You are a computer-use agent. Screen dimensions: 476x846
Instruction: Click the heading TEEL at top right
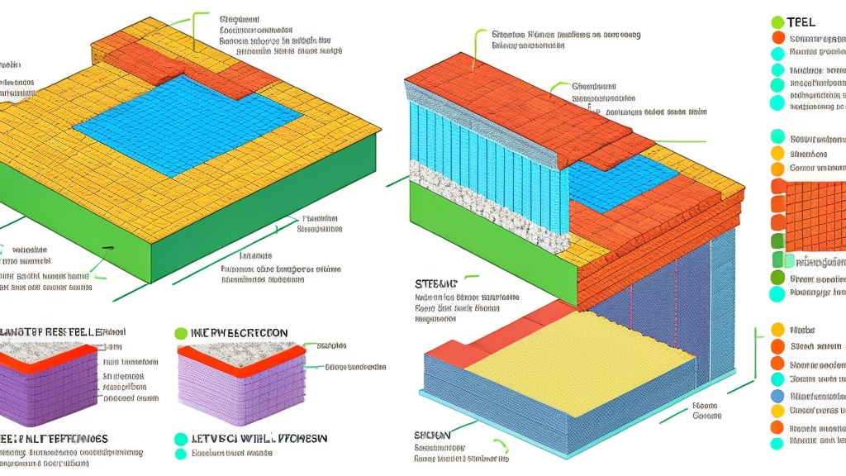(x=801, y=22)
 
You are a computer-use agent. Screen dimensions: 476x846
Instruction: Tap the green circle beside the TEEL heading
(x=777, y=22)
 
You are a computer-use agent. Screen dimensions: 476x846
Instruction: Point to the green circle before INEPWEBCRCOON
(x=181, y=333)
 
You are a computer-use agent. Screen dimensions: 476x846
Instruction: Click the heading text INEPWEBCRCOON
(x=240, y=333)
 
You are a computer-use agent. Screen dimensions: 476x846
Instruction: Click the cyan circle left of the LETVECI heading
(x=181, y=439)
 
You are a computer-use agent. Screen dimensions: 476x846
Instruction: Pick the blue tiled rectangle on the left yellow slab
(x=186, y=124)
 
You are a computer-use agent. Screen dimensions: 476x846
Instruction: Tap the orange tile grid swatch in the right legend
(x=814, y=215)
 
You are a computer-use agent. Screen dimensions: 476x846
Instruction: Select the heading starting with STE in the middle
(x=435, y=283)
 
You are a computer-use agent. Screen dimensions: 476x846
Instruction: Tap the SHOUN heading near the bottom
(x=433, y=435)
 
